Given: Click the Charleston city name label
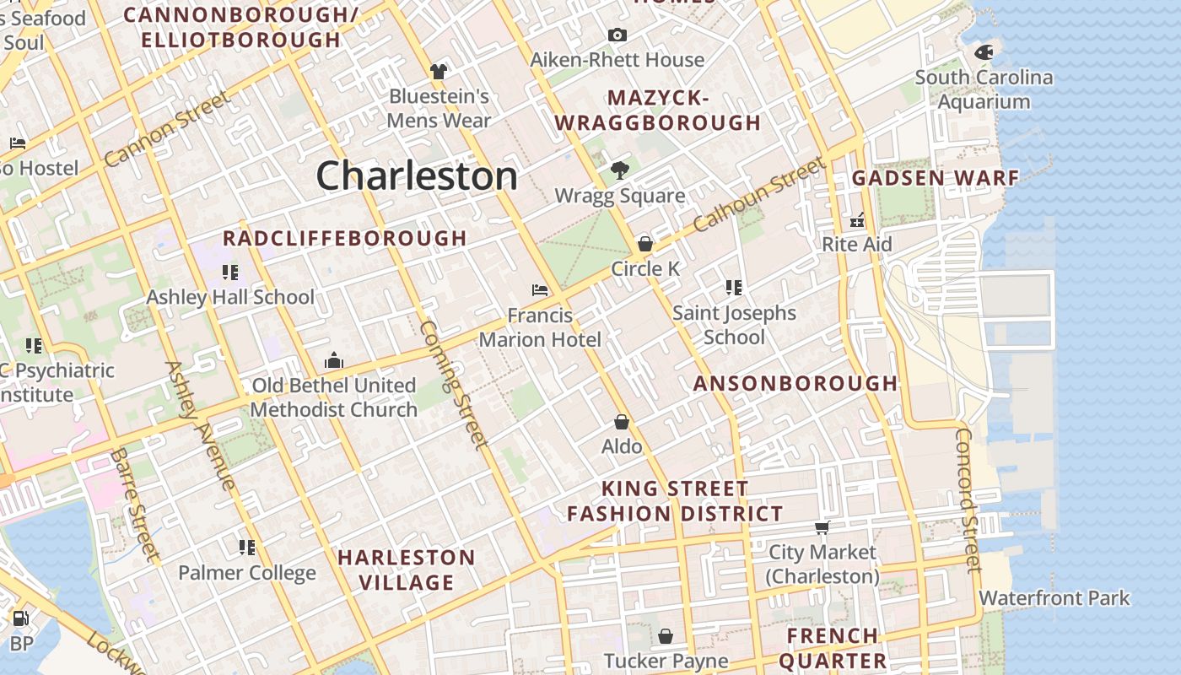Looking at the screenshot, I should [417, 175].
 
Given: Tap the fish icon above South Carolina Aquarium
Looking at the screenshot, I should [983, 51].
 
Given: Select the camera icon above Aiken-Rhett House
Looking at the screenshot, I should [617, 35].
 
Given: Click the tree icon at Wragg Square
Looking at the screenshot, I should [620, 170].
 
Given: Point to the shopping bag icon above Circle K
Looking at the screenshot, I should [645, 244].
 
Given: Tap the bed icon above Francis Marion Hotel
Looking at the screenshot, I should [540, 290].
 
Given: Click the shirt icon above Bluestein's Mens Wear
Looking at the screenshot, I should [438, 71].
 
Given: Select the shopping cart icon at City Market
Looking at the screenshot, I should [822, 527].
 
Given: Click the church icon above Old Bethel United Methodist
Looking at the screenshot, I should [334, 361].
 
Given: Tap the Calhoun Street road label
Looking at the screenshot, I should [758, 196].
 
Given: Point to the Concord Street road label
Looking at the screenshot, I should [968, 499].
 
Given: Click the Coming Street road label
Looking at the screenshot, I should [453, 385].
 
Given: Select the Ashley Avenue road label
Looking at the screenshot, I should [201, 425].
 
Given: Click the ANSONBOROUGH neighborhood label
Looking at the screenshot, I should [795, 383].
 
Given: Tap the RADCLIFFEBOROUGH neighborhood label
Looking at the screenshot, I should [344, 238].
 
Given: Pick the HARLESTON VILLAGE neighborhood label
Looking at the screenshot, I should [407, 570].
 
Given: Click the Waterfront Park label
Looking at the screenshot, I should [1054, 598].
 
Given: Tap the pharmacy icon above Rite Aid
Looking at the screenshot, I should [857, 220].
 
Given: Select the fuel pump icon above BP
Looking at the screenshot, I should [20, 618].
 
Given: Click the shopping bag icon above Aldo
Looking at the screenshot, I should [622, 422].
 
